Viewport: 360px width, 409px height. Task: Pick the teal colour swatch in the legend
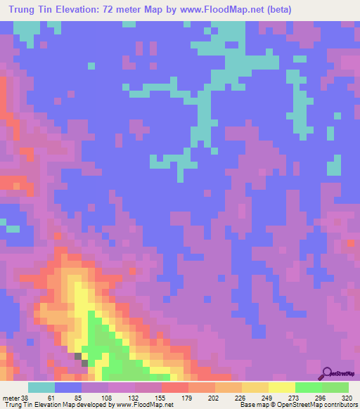point(41,387)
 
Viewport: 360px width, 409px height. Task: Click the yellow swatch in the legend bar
point(281,387)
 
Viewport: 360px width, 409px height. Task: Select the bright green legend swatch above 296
point(308,387)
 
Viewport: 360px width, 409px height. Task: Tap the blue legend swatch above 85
point(67,387)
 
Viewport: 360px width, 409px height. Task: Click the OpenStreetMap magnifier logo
point(327,373)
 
